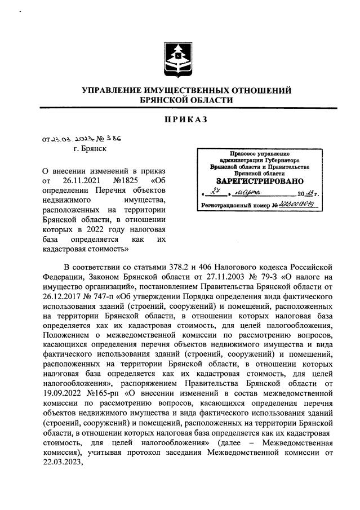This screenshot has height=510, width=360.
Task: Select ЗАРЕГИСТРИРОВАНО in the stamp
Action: [260, 181]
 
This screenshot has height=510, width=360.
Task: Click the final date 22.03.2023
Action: [61, 459]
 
